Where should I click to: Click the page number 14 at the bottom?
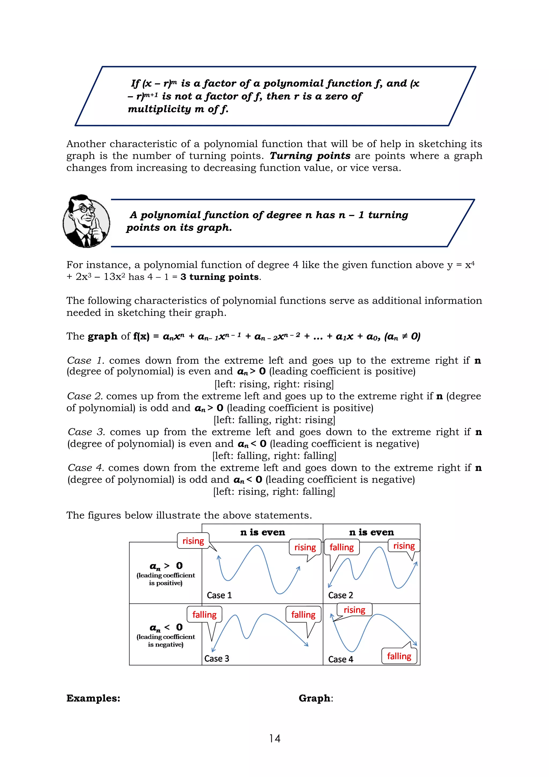click(x=275, y=738)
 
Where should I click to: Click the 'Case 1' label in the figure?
click(x=219, y=595)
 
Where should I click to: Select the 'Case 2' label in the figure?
click(x=340, y=595)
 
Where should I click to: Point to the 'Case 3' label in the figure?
click(x=217, y=658)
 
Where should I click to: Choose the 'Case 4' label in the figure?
click(x=340, y=659)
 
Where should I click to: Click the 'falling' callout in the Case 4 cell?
click(x=399, y=656)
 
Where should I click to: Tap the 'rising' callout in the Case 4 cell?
click(x=354, y=610)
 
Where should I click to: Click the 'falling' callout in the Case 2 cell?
click(x=342, y=547)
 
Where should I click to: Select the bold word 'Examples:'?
click(x=93, y=698)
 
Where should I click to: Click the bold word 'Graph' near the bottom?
click(x=315, y=698)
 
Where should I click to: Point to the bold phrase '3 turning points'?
click(x=220, y=277)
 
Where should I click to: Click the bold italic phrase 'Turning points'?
click(x=310, y=156)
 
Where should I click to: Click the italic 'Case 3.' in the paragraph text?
click(x=87, y=432)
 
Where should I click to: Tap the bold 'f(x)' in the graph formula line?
click(x=141, y=336)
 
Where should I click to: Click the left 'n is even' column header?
click(x=262, y=532)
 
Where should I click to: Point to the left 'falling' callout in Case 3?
click(x=204, y=614)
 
